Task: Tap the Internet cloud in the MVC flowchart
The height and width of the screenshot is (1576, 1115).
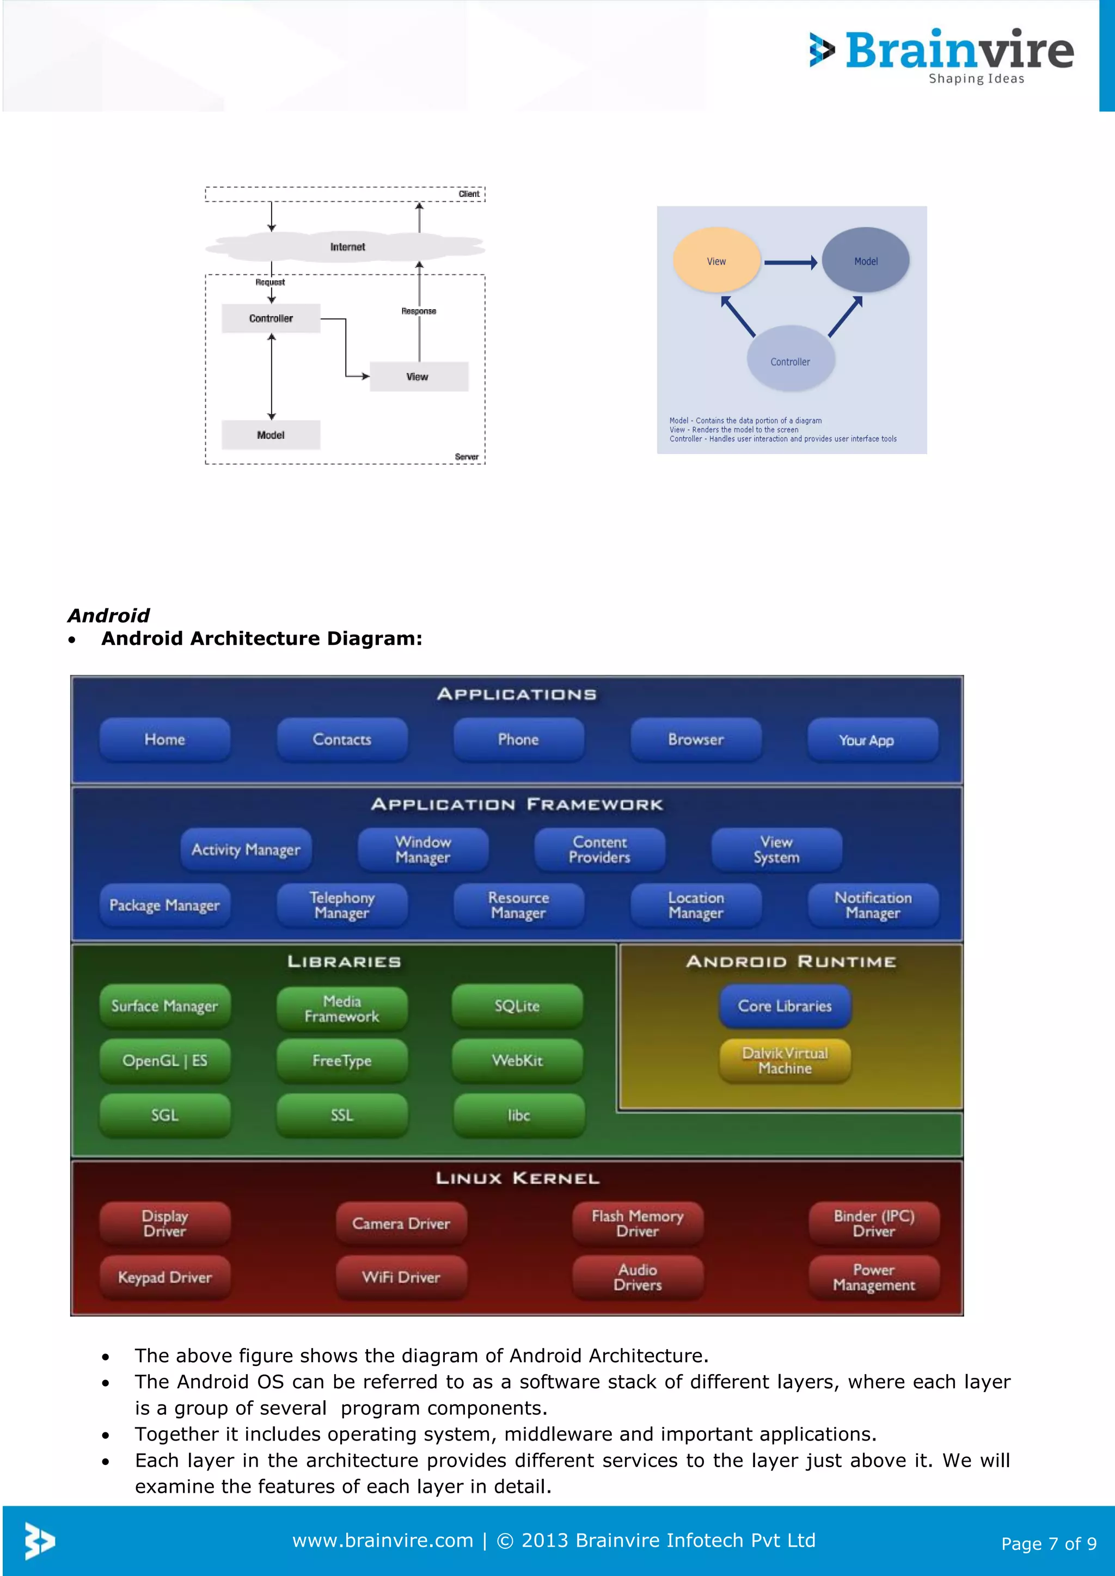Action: pos(347,247)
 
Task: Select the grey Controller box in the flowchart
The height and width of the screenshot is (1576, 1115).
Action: pos(271,318)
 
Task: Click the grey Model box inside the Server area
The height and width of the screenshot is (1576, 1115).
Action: pos(271,435)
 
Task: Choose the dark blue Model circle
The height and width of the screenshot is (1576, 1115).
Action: pos(866,261)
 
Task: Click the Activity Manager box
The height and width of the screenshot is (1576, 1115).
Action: pos(246,850)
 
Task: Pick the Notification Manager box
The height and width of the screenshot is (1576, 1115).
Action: pos(873,906)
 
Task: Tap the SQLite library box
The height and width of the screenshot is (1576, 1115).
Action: pos(517,1006)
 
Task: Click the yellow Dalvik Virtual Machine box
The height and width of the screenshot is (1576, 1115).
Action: pos(785,1061)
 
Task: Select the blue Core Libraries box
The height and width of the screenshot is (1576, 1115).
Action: pos(785,1006)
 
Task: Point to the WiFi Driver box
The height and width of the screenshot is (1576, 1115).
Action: pos(401,1277)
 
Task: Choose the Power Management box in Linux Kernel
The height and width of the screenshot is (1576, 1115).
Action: pos(873,1277)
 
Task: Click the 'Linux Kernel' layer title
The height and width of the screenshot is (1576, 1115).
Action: pos(517,1179)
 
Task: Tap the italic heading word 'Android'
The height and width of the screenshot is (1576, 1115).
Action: pos(108,615)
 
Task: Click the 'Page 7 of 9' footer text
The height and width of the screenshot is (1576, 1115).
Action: pos(1049,1544)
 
